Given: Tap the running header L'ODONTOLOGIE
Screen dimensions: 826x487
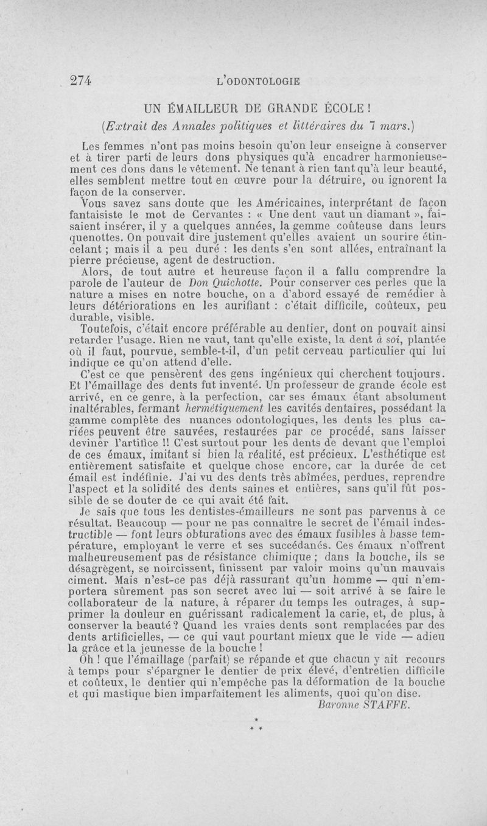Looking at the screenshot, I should coord(259,80).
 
